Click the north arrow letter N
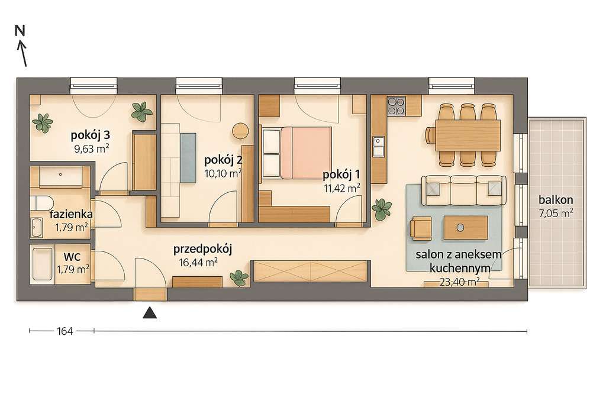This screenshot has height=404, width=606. pyautogui.click(x=20, y=31)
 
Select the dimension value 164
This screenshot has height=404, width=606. pyautogui.click(x=65, y=331)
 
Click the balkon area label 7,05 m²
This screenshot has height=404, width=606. pyautogui.click(x=557, y=212)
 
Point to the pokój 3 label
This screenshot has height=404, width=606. pyautogui.click(x=91, y=135)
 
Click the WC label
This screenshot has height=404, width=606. pyautogui.click(x=73, y=257)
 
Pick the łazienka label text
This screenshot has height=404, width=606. pyautogui.click(x=70, y=214)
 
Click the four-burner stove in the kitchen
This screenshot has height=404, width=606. pyautogui.click(x=396, y=106)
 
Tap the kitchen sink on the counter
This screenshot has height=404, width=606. pyautogui.click(x=379, y=144)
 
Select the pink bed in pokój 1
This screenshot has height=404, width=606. pyautogui.click(x=305, y=150)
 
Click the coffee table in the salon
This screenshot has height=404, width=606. pyautogui.click(x=466, y=228)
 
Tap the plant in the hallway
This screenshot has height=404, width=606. pyautogui.click(x=238, y=276)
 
